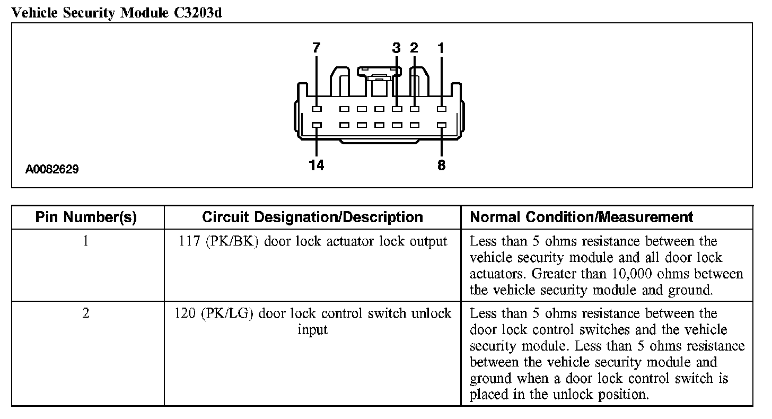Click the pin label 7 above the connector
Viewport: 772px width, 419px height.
[x=317, y=48]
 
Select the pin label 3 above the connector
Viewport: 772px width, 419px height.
[x=397, y=48]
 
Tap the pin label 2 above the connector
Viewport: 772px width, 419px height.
[x=414, y=48]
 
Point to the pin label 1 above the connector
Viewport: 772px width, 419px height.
[x=441, y=48]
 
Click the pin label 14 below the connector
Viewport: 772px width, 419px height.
[x=317, y=165]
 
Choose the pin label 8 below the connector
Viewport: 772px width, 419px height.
[x=441, y=165]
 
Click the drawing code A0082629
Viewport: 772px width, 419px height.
[x=52, y=170]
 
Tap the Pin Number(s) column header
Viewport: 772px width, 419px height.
[x=86, y=217]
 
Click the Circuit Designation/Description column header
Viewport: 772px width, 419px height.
[x=312, y=217]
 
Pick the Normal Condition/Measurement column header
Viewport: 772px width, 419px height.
[x=582, y=217]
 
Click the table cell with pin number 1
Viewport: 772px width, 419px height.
[x=86, y=241]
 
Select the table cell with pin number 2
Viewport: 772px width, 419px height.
[x=86, y=313]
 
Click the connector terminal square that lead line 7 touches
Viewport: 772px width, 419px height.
[x=317, y=109]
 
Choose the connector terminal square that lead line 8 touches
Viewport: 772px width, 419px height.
[x=441, y=126]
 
